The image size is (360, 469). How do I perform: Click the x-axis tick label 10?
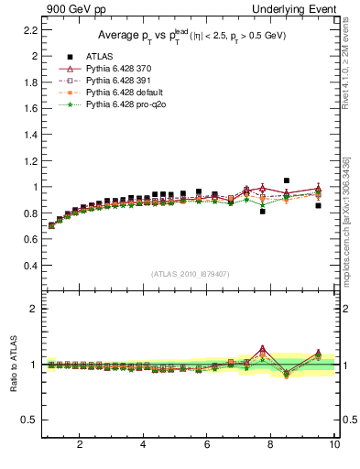click(x=334, y=445)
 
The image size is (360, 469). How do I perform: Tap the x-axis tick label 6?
click(x=207, y=445)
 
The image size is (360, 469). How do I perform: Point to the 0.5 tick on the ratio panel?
click(x=29, y=420)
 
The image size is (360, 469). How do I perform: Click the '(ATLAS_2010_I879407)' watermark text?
click(x=191, y=274)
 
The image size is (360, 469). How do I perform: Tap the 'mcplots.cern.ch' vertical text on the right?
click(x=345, y=220)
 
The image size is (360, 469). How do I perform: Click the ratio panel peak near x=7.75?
click(x=263, y=348)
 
